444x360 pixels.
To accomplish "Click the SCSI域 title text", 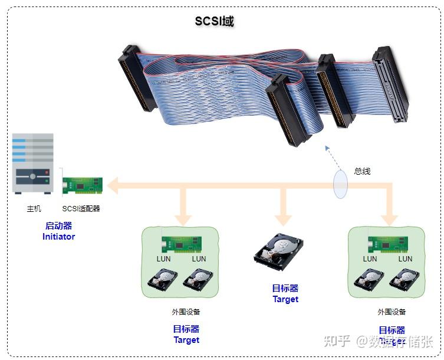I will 214,21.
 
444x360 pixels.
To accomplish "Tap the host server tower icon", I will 34,163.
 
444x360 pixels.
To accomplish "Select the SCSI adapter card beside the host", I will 83,185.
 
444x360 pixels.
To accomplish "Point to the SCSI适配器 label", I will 81,208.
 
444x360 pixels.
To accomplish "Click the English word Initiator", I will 59,237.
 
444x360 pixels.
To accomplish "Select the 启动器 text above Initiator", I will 58,225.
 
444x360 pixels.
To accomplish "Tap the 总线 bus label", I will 362,171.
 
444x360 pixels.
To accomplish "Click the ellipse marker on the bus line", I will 340,184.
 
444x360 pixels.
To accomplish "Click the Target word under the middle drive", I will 285,299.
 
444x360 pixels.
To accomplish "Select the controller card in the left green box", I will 182,244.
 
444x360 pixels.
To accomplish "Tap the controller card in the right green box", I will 388,244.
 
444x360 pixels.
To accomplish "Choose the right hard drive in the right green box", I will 405,279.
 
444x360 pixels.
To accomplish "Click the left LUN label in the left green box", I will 163,258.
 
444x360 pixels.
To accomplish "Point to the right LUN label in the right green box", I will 405,258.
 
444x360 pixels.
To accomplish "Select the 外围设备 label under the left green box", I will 186,312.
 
